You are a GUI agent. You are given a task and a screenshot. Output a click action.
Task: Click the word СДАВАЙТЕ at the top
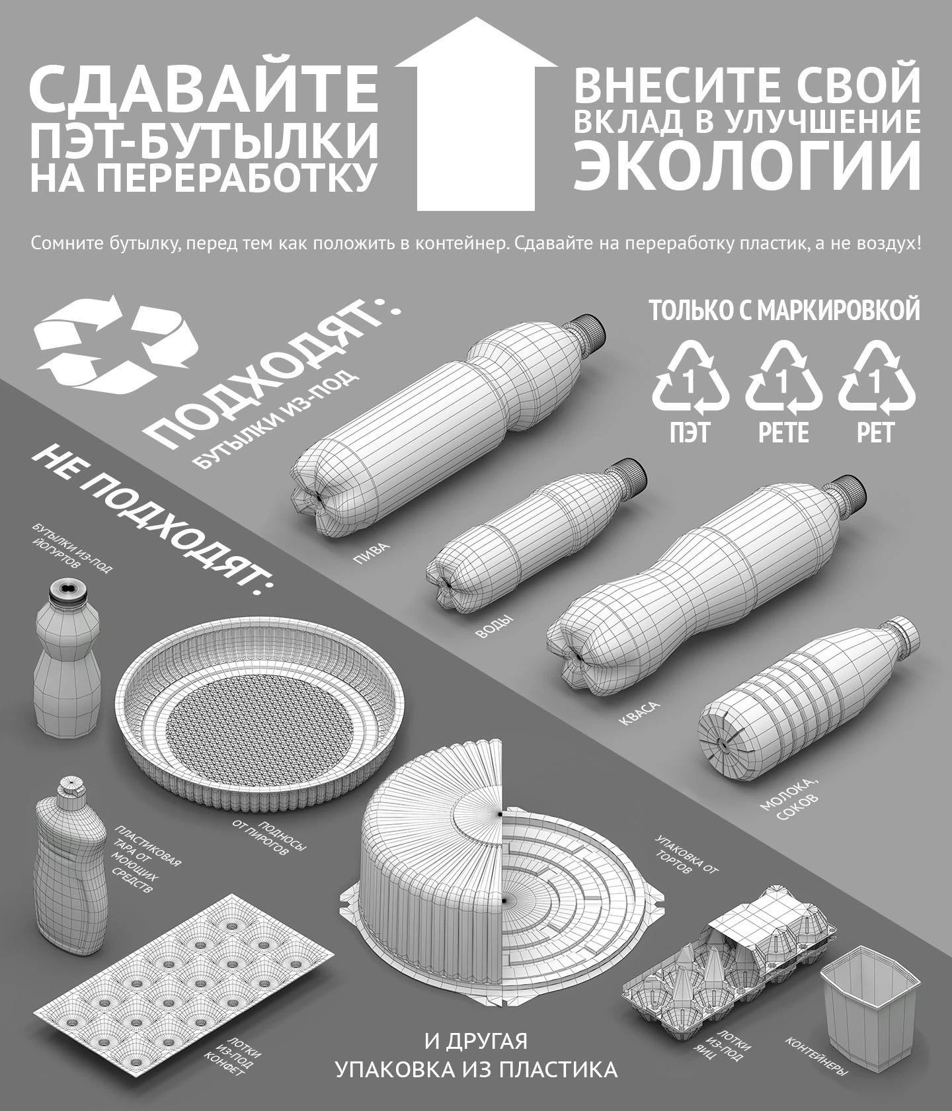click(204, 88)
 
